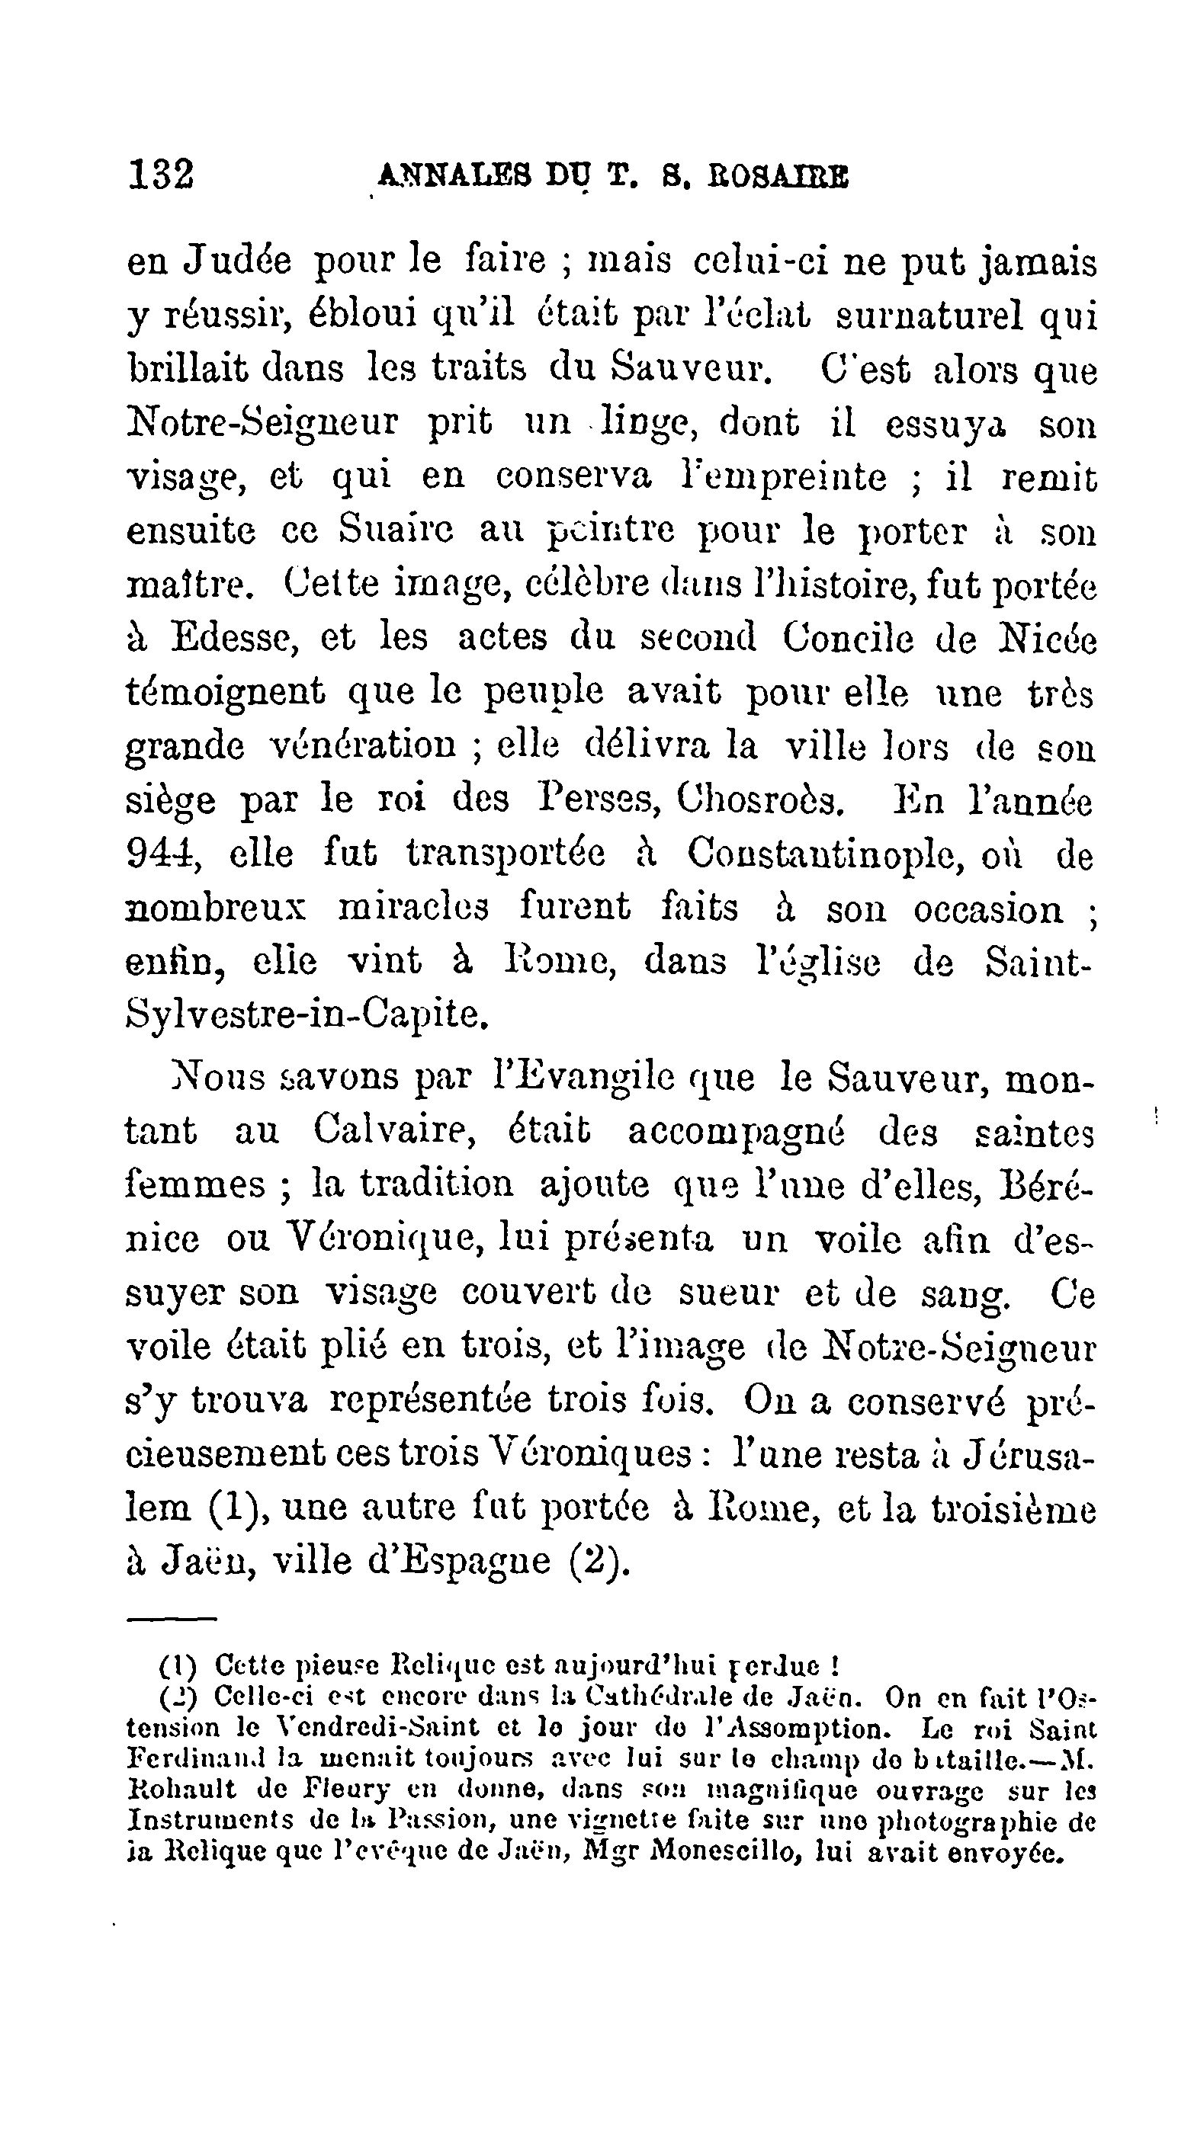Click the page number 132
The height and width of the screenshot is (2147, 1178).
tap(161, 176)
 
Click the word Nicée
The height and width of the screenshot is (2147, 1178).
tap(1047, 639)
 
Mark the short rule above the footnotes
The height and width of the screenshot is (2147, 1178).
tap(172, 1620)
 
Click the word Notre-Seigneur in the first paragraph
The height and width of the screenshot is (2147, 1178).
tap(262, 424)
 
